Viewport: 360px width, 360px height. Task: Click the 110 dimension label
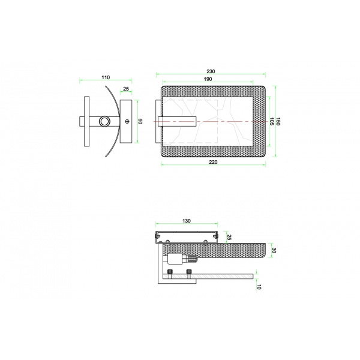pos(106,77)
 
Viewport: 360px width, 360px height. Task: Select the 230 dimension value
pos(211,71)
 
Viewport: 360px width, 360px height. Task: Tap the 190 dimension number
pos(208,79)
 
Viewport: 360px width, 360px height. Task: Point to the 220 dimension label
pos(213,162)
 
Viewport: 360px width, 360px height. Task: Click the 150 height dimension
pos(278,121)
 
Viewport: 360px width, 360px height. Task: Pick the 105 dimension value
pos(272,121)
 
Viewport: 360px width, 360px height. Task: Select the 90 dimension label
pos(140,121)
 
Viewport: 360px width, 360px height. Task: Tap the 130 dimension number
pos(187,221)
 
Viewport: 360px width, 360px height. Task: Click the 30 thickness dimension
pos(274,250)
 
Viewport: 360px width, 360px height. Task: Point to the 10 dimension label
pos(259,287)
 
